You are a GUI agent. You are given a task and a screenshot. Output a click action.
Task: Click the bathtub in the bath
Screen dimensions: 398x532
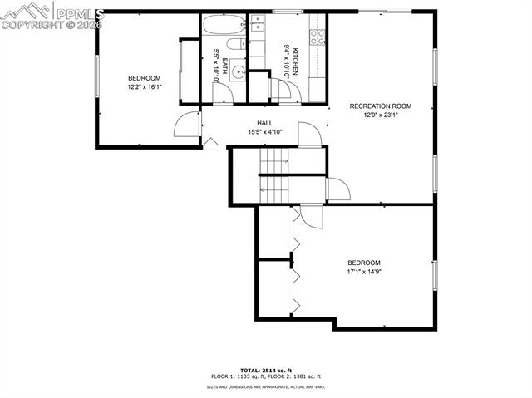pos(222,25)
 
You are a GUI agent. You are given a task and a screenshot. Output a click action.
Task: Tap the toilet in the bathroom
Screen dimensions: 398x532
pos(235,43)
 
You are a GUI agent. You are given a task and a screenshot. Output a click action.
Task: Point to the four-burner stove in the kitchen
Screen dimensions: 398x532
pos(317,35)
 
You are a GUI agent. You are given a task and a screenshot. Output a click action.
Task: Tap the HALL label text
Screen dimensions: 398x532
pos(264,123)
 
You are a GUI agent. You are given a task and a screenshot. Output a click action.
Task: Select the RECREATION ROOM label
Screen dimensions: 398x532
pos(381,106)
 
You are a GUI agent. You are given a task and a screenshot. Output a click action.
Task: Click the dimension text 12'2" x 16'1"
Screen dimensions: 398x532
pos(144,86)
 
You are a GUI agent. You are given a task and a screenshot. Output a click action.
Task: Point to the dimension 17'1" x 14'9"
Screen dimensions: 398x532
pos(363,271)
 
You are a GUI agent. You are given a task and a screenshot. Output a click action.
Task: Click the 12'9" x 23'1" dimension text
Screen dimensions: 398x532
pos(381,115)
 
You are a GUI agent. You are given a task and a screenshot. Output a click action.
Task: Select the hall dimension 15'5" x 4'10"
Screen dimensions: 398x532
pos(265,131)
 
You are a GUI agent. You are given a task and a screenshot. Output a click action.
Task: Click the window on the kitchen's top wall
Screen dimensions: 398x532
pos(286,12)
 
